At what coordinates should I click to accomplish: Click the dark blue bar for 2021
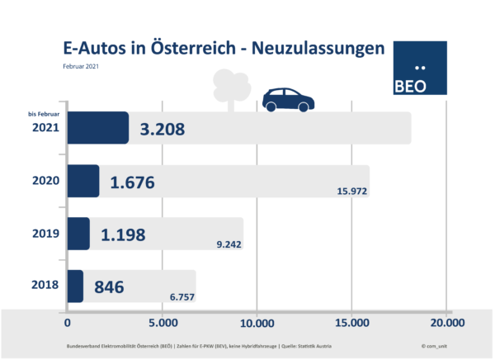pyautogui.click(x=97, y=128)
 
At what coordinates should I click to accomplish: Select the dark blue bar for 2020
pyautogui.click(x=82, y=181)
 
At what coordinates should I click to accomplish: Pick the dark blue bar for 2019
pyautogui.click(x=78, y=234)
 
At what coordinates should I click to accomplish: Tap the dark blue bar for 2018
pyautogui.click(x=74, y=286)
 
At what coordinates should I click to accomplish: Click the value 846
pyautogui.click(x=108, y=287)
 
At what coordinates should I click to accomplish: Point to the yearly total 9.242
pyautogui.click(x=224, y=244)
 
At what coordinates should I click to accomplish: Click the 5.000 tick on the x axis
pyautogui.click(x=162, y=322)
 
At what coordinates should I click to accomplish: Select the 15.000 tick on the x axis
pyautogui.click(x=352, y=322)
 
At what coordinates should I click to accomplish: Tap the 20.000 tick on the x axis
pyautogui.click(x=446, y=322)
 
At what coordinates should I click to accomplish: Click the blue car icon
pyautogui.click(x=288, y=99)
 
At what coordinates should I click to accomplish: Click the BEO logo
pyautogui.click(x=421, y=69)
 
